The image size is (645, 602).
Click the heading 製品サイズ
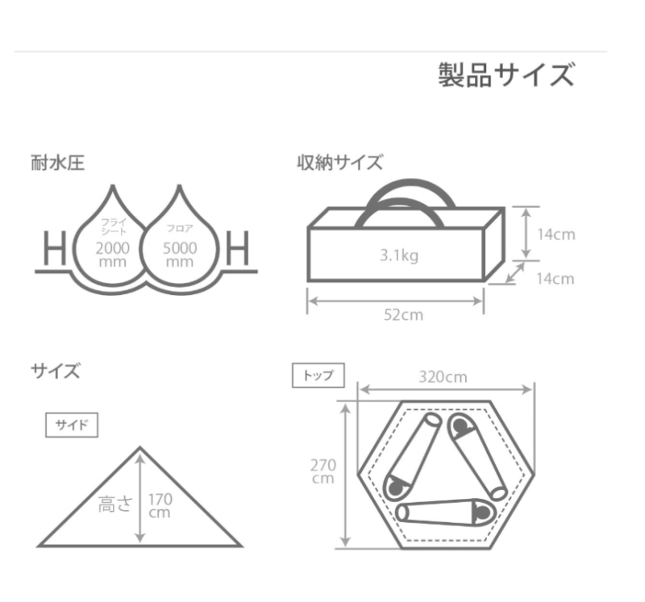pyautogui.click(x=506, y=75)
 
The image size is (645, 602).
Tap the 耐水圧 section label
pyautogui.click(x=57, y=163)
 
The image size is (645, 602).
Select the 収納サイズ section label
pyautogui.click(x=339, y=163)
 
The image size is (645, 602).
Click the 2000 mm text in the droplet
pyautogui.click(x=112, y=255)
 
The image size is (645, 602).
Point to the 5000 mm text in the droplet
pyautogui.click(x=180, y=255)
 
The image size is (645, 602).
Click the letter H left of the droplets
pyautogui.click(x=55, y=247)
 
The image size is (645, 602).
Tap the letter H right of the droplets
pyautogui.click(x=238, y=247)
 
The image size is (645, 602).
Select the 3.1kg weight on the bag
pyautogui.click(x=399, y=255)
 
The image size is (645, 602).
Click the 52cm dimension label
pyautogui.click(x=403, y=315)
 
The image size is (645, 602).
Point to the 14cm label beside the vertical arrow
pyautogui.click(x=556, y=235)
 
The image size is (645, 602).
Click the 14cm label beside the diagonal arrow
pyautogui.click(x=556, y=279)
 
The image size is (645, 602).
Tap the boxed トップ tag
pyautogui.click(x=318, y=375)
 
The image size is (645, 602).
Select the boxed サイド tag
pyautogui.click(x=72, y=425)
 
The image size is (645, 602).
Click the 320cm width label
pyautogui.click(x=443, y=377)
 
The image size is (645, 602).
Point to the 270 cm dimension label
pyautogui.click(x=323, y=471)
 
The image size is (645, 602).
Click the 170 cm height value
pyautogui.click(x=160, y=506)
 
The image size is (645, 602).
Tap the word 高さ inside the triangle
pyautogui.click(x=115, y=504)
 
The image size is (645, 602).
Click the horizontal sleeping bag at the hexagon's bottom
pyautogui.click(x=446, y=512)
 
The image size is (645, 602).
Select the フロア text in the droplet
pyautogui.click(x=180, y=229)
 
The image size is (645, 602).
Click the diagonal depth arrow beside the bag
pyautogui.click(x=515, y=272)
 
